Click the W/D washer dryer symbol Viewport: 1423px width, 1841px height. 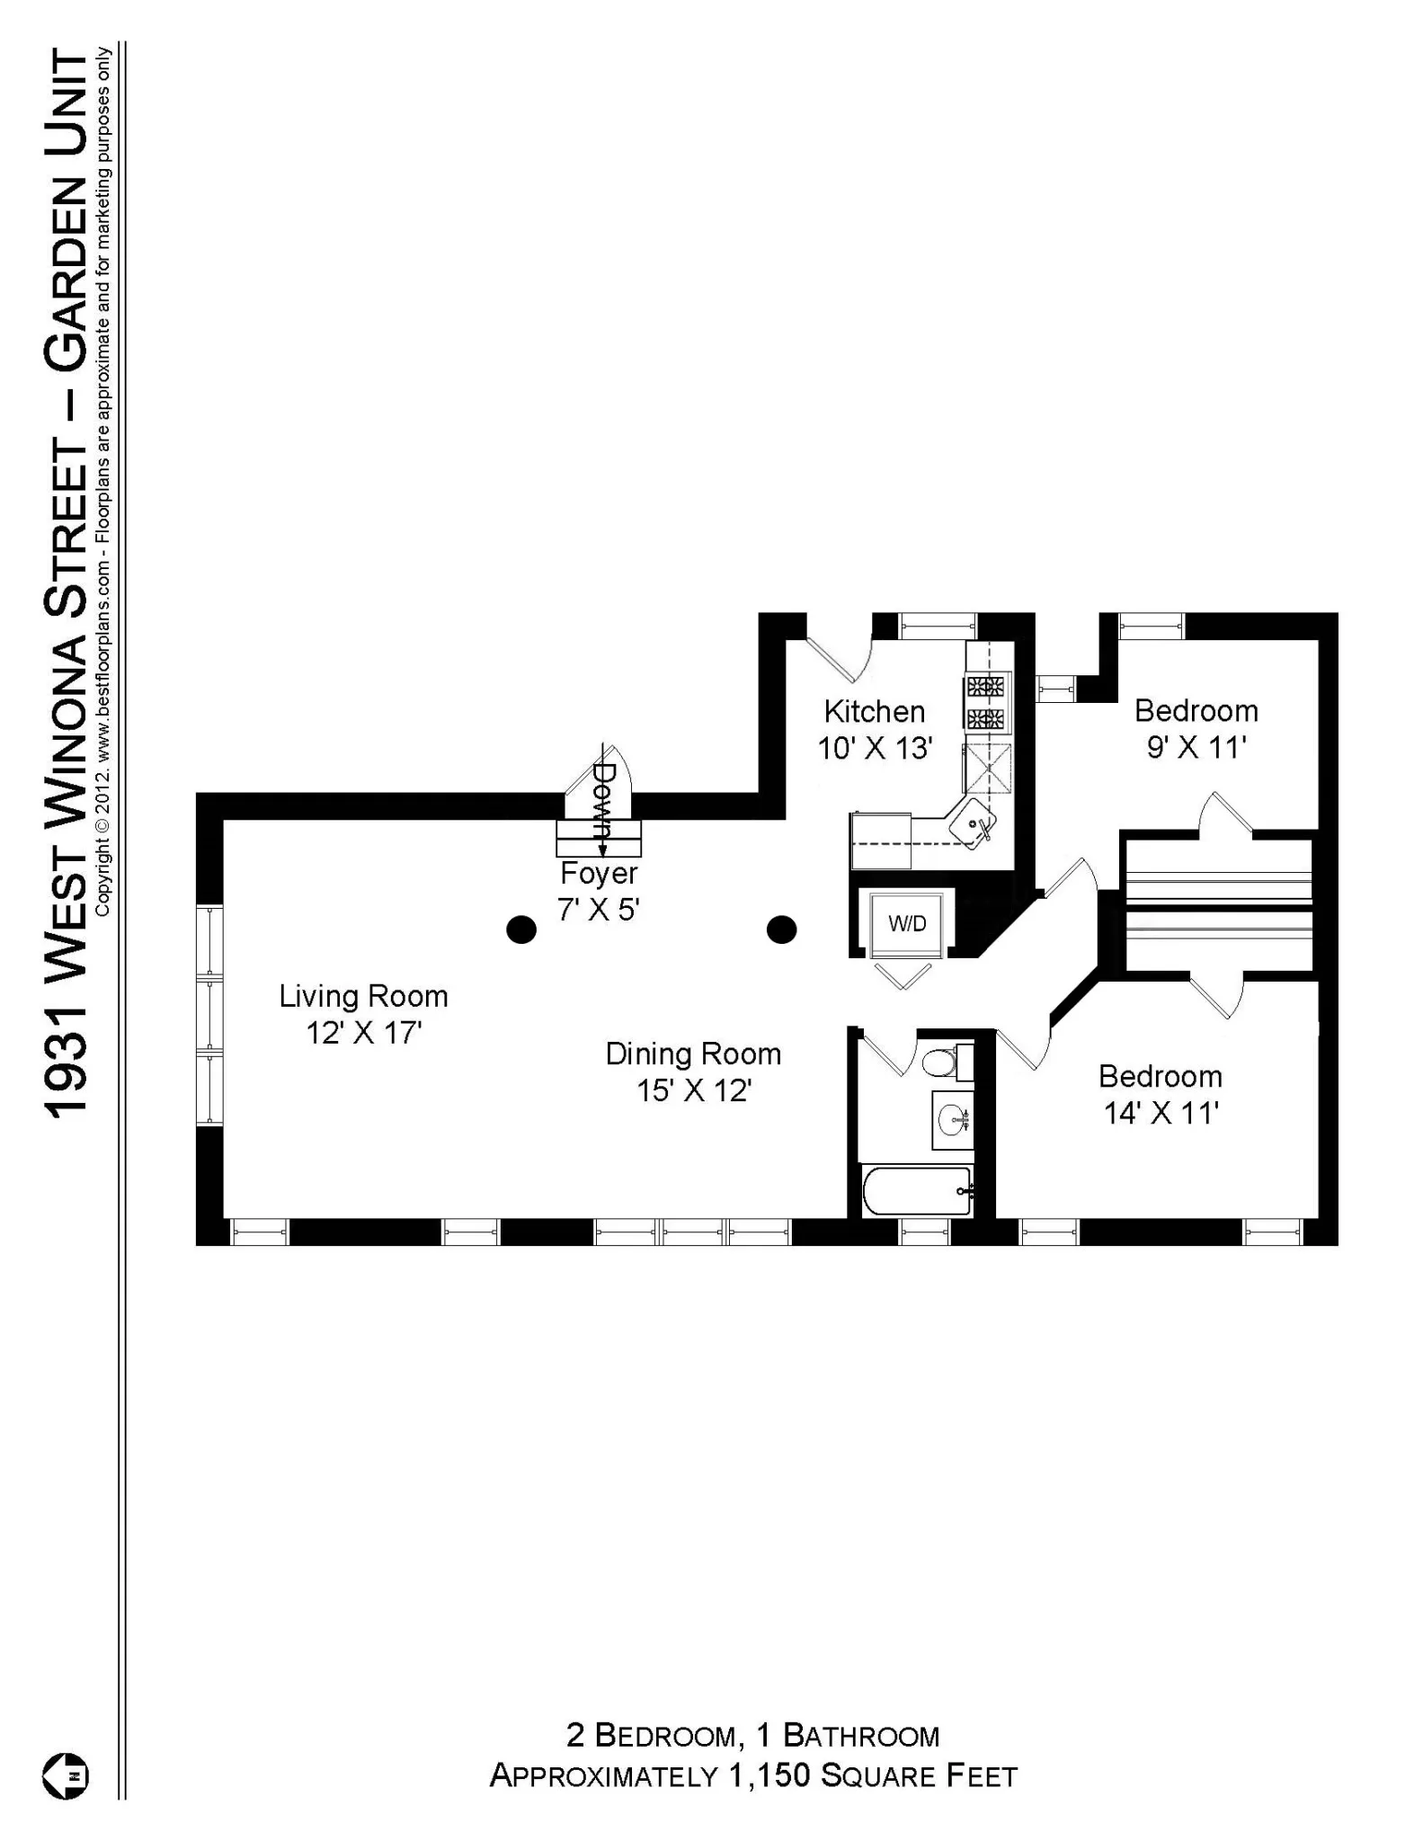[906, 924]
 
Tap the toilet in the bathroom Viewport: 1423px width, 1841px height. [940, 1063]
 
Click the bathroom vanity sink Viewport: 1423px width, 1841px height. [952, 1120]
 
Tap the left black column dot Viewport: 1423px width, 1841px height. [521, 929]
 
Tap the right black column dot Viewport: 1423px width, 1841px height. [781, 929]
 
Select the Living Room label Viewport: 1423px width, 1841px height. [363, 996]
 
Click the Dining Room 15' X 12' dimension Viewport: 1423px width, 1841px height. [694, 1091]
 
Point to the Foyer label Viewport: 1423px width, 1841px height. [599, 873]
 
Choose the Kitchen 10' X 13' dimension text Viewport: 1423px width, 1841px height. [874, 748]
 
